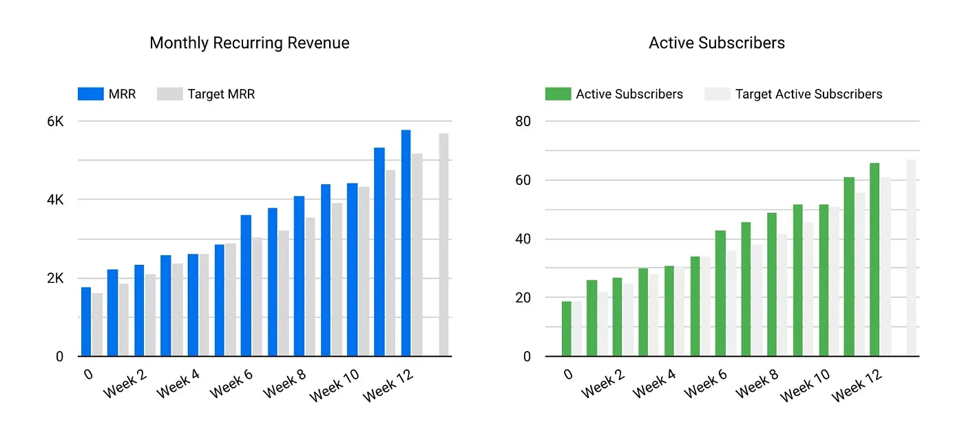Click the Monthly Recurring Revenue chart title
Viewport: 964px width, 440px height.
click(249, 43)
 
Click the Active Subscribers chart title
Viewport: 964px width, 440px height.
click(717, 43)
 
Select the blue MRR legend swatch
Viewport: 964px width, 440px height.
click(90, 94)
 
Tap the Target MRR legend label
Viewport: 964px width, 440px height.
click(221, 94)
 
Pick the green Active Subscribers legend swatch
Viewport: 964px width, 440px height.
click(558, 94)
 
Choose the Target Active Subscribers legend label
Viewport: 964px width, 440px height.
click(808, 94)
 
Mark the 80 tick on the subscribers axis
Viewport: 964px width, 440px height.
click(523, 121)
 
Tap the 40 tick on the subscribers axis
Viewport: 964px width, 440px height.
click(523, 239)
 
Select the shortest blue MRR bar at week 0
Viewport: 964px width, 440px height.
click(86, 322)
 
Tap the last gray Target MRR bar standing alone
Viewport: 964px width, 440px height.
click(443, 245)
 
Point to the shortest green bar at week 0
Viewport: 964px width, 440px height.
click(566, 329)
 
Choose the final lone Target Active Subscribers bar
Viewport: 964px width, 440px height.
click(911, 258)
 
